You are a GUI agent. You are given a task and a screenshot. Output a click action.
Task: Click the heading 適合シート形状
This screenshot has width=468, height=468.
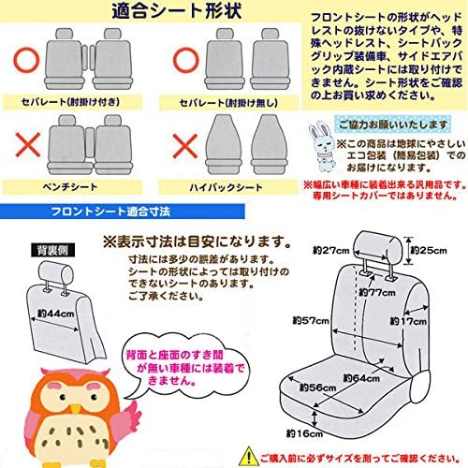click(x=164, y=14)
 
